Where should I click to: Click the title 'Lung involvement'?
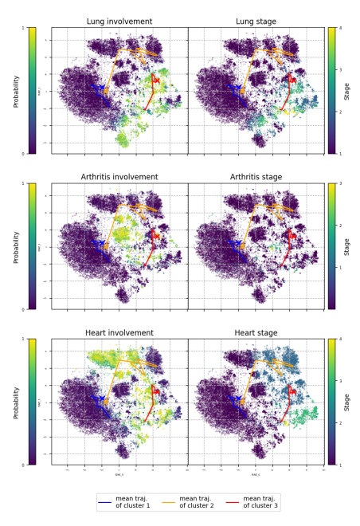(119, 21)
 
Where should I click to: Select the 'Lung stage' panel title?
(256, 21)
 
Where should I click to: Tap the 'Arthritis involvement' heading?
(119, 177)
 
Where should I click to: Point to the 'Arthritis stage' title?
(256, 177)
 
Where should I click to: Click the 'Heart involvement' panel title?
(119, 332)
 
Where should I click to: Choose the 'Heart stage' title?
(256, 332)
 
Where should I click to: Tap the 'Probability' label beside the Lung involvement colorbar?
(14, 91)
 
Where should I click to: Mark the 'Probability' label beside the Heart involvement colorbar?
(14, 402)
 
